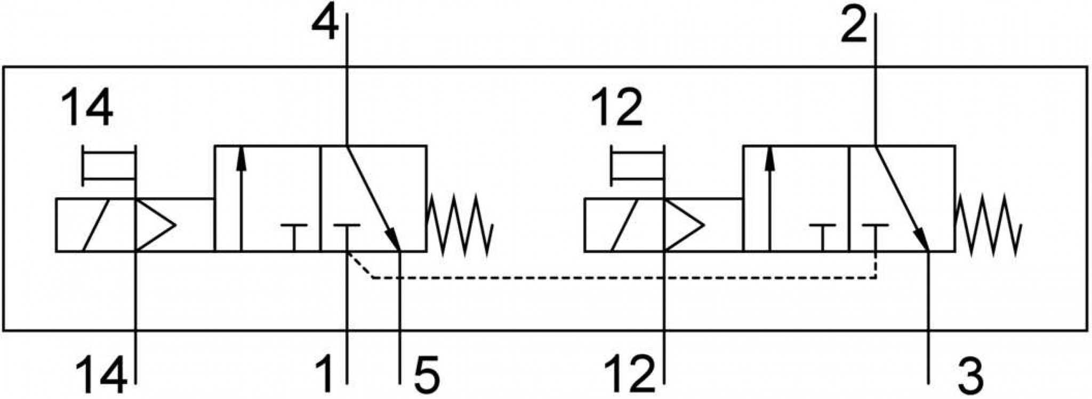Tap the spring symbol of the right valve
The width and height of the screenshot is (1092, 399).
(x=989, y=224)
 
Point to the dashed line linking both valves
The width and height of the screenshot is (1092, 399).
(x=624, y=278)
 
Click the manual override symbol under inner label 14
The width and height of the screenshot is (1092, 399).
(x=109, y=166)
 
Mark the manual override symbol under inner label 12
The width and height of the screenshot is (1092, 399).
(x=638, y=166)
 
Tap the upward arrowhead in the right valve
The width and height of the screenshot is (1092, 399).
(x=769, y=158)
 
